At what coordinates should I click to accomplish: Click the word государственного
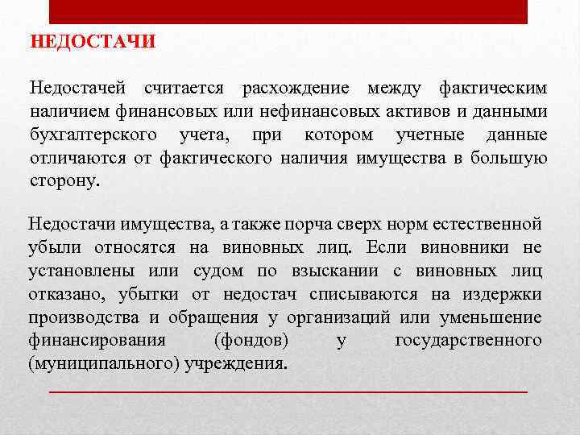pos(467,340)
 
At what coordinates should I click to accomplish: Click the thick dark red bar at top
pos(288,12)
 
